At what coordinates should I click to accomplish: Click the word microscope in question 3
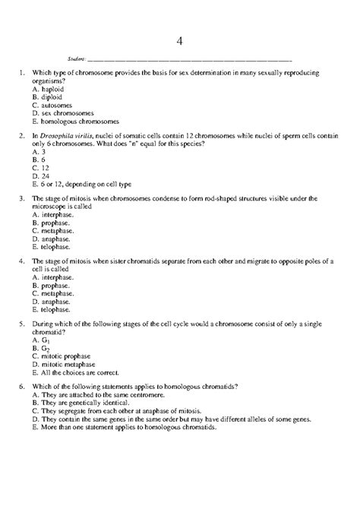point(50,207)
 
